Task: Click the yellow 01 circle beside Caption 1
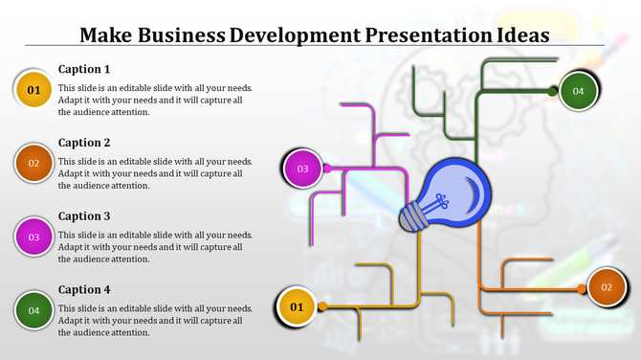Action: click(33, 90)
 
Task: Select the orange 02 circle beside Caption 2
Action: click(33, 163)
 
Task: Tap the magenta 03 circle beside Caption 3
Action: click(33, 236)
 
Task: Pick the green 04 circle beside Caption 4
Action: click(33, 310)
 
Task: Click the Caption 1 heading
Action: click(84, 69)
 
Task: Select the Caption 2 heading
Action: click(84, 143)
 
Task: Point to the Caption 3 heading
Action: click(84, 216)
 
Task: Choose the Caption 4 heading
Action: click(84, 289)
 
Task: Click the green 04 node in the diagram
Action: click(578, 91)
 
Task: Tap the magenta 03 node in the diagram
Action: click(302, 169)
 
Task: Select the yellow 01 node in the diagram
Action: click(297, 306)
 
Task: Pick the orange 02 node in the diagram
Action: click(607, 287)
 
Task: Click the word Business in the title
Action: click(180, 35)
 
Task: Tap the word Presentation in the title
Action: click(423, 35)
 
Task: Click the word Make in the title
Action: click(105, 35)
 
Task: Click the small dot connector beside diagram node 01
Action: click(323, 306)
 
